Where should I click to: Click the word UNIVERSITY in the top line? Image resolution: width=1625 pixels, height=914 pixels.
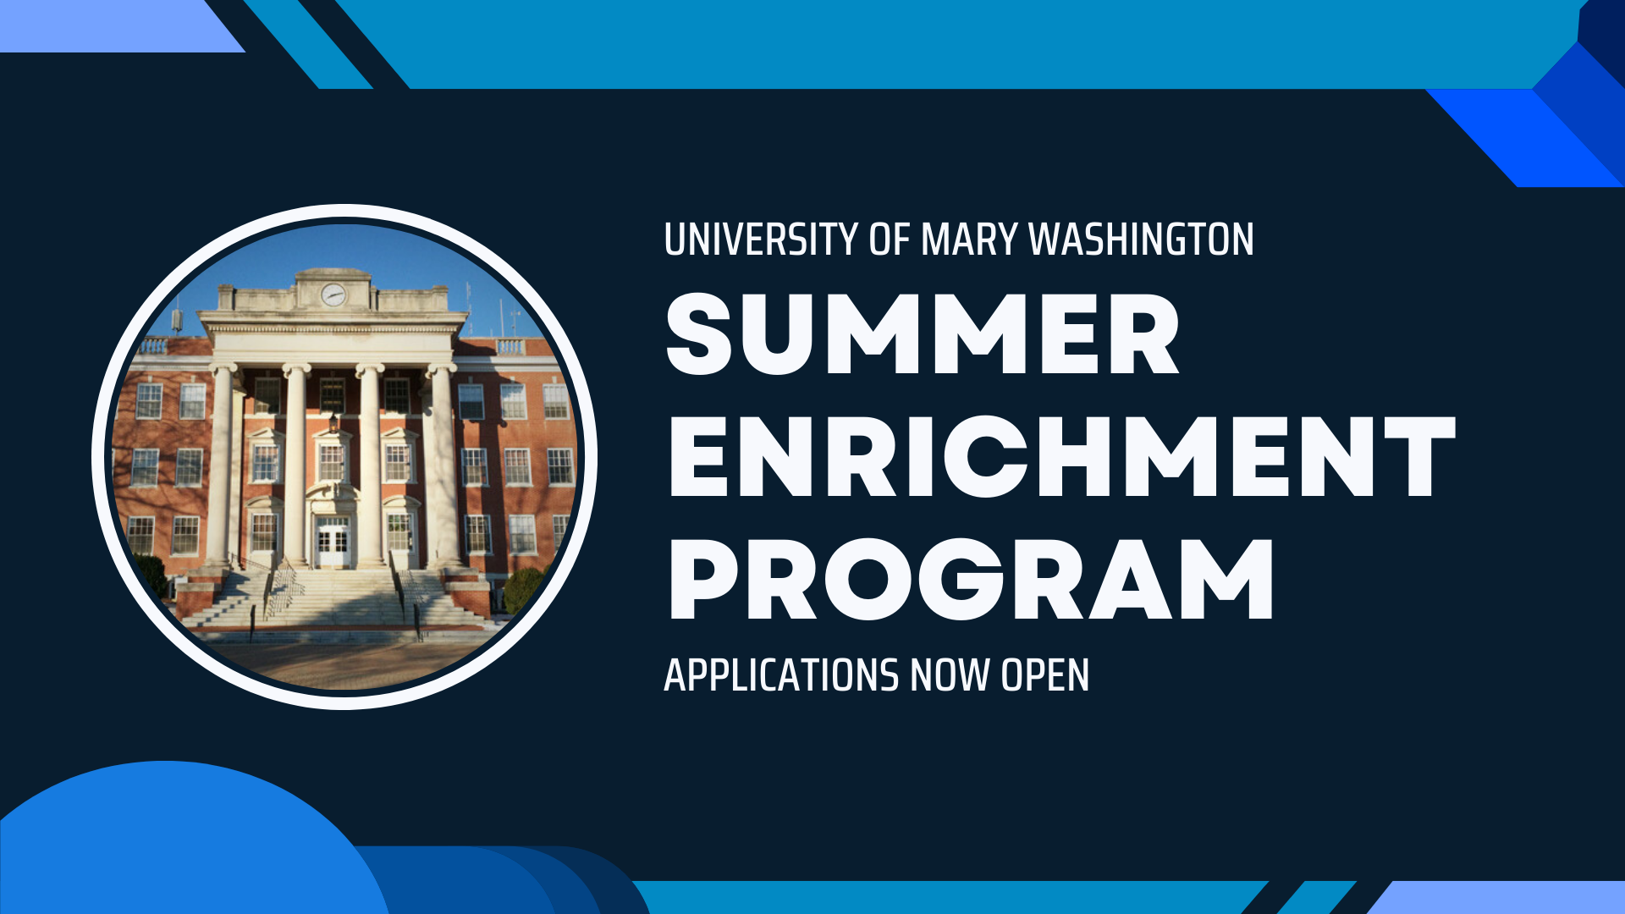pos(760,240)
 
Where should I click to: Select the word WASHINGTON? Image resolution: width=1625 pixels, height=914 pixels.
pos(1141,240)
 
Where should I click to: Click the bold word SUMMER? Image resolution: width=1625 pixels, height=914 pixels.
pos(923,334)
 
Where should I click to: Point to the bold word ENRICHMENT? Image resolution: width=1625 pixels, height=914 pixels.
pos(1062,457)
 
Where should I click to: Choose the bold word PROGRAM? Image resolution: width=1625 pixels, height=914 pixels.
pos(971,580)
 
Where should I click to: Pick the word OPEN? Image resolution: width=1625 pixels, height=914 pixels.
pos(1044,675)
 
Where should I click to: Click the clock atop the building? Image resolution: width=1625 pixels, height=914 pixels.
pos(333,295)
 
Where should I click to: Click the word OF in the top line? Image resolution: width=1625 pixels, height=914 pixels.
pos(889,240)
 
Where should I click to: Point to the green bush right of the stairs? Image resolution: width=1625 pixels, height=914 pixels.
pos(524,590)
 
